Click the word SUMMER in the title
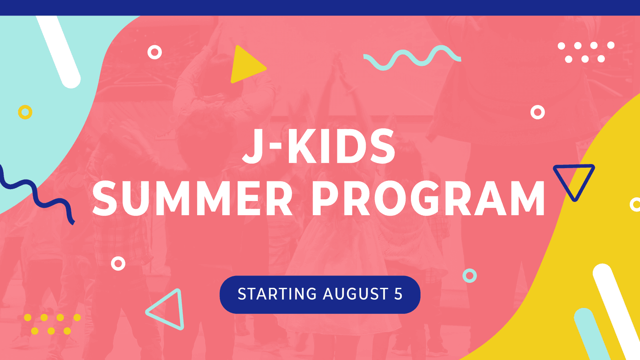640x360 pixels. tap(192, 198)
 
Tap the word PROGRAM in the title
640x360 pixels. tap(428, 198)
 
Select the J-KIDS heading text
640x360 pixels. tap(319, 146)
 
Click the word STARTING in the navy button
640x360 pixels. tap(277, 294)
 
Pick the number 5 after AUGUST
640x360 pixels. tap(398, 294)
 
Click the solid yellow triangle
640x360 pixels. tap(246, 65)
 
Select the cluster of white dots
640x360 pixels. tap(586, 52)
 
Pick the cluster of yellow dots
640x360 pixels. tap(52, 324)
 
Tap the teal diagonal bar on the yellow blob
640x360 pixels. tap(592, 334)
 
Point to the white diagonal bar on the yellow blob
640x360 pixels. tap(617, 312)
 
